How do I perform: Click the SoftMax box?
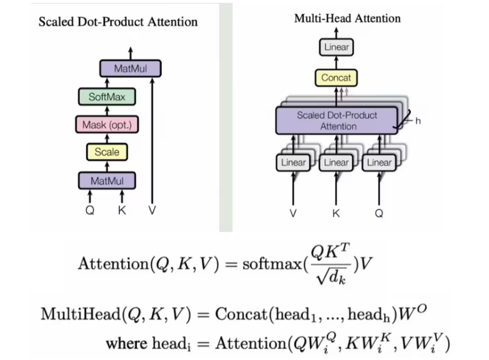[107, 97]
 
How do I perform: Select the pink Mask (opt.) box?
[107, 124]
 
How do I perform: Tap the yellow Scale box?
[107, 152]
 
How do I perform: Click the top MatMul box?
[130, 69]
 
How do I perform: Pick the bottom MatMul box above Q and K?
[107, 180]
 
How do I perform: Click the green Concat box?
[336, 78]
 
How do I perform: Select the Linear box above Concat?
[336, 47]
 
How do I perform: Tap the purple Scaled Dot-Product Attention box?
[337, 120]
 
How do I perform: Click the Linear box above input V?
[293, 163]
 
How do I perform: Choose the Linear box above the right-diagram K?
[336, 163]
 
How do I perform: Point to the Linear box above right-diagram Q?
[379, 163]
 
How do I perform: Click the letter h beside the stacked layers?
[418, 121]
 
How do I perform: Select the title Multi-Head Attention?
[347, 18]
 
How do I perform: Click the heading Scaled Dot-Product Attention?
[118, 22]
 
